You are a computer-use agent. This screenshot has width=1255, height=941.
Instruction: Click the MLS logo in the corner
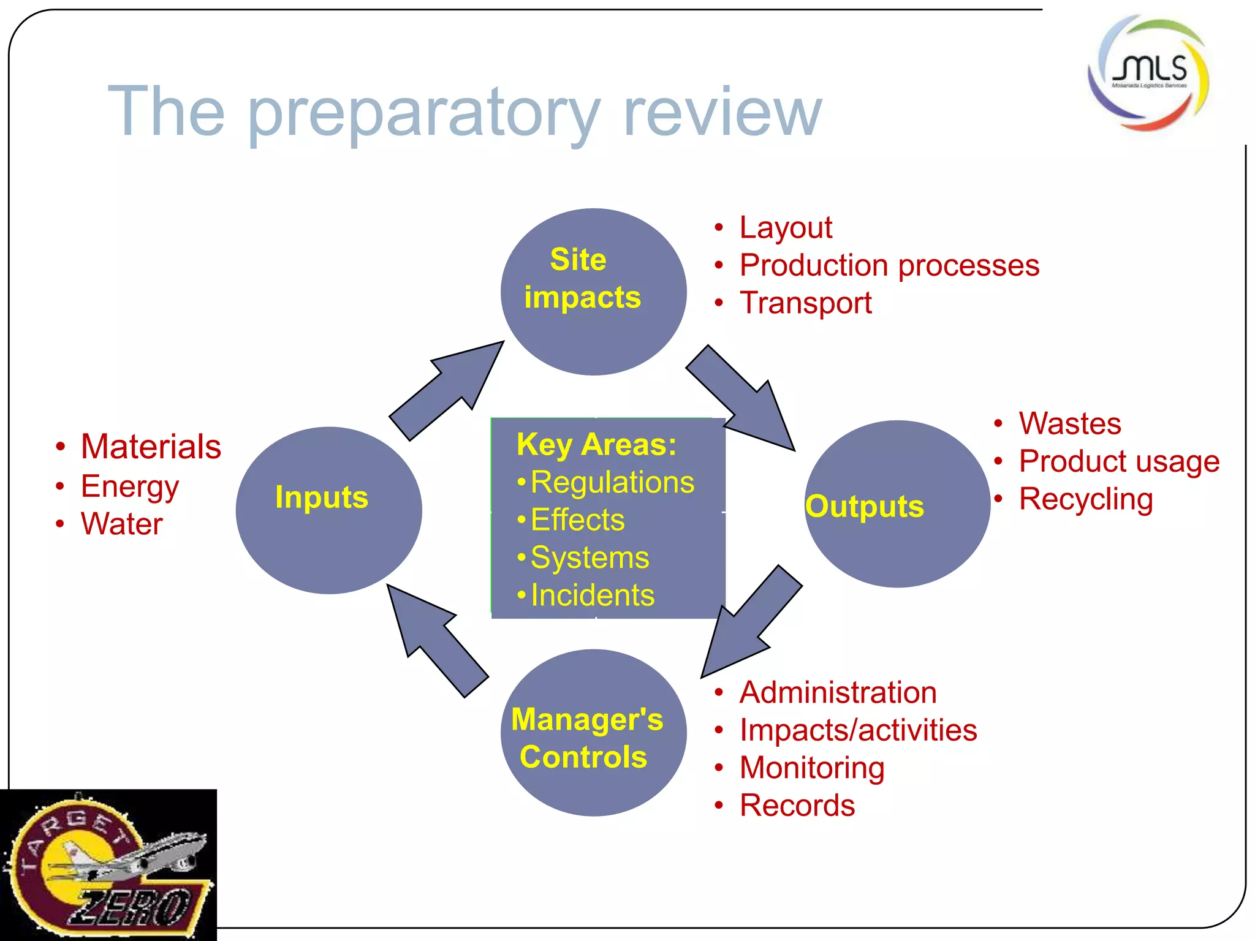tap(1148, 72)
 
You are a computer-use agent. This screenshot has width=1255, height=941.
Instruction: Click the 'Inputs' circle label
tap(322, 497)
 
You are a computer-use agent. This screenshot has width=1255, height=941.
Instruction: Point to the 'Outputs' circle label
tap(865, 507)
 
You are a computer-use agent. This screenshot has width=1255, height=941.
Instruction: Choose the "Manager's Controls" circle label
tap(586, 738)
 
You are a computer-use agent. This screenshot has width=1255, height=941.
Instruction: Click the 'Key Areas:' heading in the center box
tap(596, 445)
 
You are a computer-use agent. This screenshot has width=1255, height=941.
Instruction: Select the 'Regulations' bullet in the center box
tap(612, 482)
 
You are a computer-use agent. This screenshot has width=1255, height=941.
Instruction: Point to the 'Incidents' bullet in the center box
tap(592, 595)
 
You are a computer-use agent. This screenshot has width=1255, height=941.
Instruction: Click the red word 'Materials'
tap(151, 447)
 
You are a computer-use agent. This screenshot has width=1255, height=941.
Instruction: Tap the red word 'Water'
tap(121, 524)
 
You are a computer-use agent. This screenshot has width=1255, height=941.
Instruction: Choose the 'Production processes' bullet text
tap(889, 265)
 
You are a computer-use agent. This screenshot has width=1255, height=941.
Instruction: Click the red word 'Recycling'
tap(1085, 499)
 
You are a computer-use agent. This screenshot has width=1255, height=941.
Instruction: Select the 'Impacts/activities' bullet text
tap(858, 730)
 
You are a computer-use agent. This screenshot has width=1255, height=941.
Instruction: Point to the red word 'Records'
tap(797, 805)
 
